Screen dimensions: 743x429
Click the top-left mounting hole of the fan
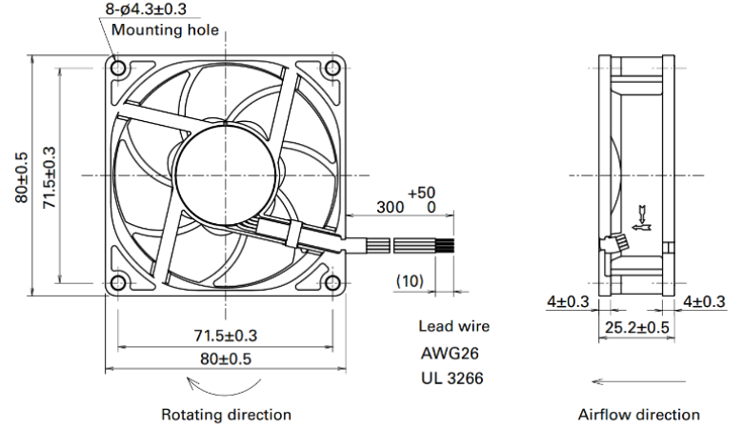[x=118, y=69]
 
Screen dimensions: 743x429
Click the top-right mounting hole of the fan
[x=332, y=69]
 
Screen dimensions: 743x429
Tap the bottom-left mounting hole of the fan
[x=118, y=283]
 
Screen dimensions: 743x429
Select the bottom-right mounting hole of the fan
[x=332, y=283]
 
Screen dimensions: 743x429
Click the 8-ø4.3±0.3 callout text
[x=146, y=9]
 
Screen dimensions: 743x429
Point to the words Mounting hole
[x=165, y=30]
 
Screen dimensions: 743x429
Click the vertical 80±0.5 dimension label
[x=22, y=177]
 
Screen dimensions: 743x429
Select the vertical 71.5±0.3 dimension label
[x=50, y=177]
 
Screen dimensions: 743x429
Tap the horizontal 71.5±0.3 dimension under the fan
[x=226, y=336]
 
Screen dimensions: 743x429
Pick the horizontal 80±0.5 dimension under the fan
[x=226, y=358]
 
